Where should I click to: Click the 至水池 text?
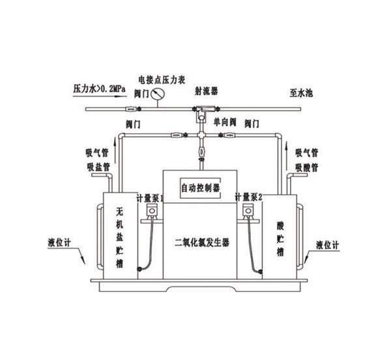click(300, 92)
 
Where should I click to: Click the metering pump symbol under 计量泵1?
click(152, 211)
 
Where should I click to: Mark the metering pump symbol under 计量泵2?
click(249, 211)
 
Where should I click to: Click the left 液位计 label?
click(60, 239)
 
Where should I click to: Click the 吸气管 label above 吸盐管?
click(98, 154)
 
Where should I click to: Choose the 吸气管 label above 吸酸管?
click(306, 154)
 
